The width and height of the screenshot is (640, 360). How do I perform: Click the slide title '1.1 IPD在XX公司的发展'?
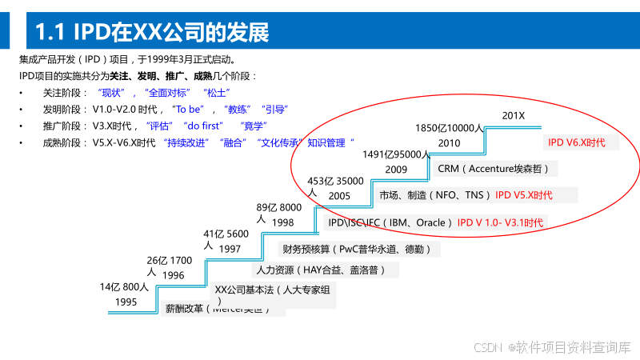pyautogui.click(x=152, y=31)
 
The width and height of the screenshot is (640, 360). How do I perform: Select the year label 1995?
pyautogui.click(x=126, y=302)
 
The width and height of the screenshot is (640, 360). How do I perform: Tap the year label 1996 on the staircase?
pyautogui.click(x=173, y=276)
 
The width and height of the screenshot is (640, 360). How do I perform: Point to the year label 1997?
pyautogui.click(x=230, y=250)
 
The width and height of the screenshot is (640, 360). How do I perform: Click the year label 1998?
pyautogui.click(x=282, y=222)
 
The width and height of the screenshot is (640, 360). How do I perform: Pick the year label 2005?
pyautogui.click(x=339, y=196)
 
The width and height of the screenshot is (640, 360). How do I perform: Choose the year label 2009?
pyautogui.click(x=396, y=170)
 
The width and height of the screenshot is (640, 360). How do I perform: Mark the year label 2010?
pyautogui.click(x=449, y=143)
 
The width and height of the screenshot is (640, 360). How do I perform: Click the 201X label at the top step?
pyautogui.click(x=513, y=117)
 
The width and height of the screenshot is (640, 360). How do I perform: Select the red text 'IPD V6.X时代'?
pyautogui.click(x=576, y=142)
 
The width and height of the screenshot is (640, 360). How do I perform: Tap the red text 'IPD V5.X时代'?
pyautogui.click(x=523, y=195)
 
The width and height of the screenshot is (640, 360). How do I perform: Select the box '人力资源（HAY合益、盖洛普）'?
pyautogui.click(x=325, y=270)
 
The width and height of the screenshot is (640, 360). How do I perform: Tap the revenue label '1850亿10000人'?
pyautogui.click(x=449, y=128)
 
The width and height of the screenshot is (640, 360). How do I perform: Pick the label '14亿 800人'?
pyautogui.click(x=124, y=287)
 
